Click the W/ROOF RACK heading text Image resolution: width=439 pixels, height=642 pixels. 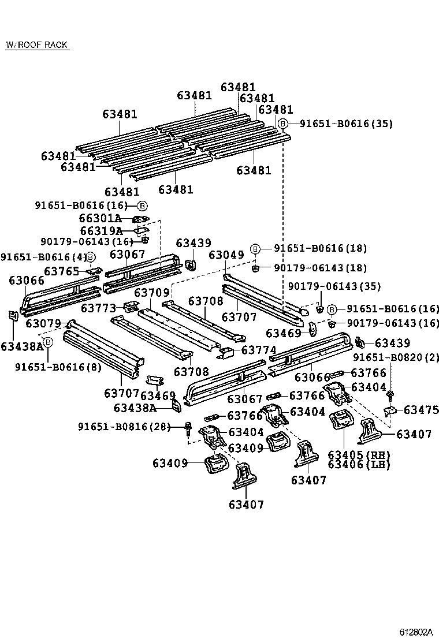point(37,44)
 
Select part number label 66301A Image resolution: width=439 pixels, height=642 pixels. point(100,218)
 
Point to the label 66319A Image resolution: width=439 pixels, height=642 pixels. point(101,231)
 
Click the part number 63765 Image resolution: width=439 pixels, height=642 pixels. point(61,271)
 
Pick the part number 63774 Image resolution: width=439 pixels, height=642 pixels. point(259,350)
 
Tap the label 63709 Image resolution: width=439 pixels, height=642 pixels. point(152,293)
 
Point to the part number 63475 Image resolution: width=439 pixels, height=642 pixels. point(422,410)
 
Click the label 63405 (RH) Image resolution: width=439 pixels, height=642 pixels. point(359,454)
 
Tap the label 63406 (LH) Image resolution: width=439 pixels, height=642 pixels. point(359,464)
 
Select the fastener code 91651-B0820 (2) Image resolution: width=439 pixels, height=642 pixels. point(396,357)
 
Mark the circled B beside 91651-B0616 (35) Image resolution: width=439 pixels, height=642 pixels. point(282,124)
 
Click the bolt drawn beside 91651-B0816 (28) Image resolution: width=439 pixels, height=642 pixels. point(189,428)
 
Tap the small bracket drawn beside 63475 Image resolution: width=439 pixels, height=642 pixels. point(390,410)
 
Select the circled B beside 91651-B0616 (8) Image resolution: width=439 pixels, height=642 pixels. point(49,342)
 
